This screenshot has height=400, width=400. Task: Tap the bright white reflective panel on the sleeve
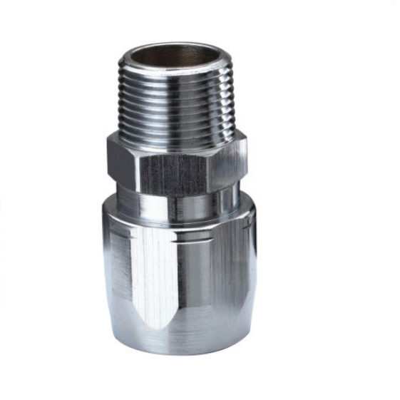[x=153, y=271]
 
